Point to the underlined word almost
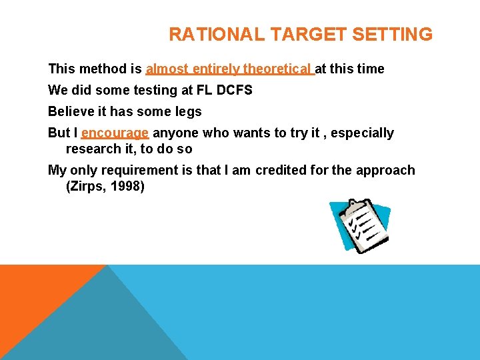tap(167, 69)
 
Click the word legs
tap(189, 111)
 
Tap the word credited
tap(280, 170)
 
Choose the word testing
tap(156, 90)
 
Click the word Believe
tap(69, 111)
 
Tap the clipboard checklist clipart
tap(359, 226)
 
